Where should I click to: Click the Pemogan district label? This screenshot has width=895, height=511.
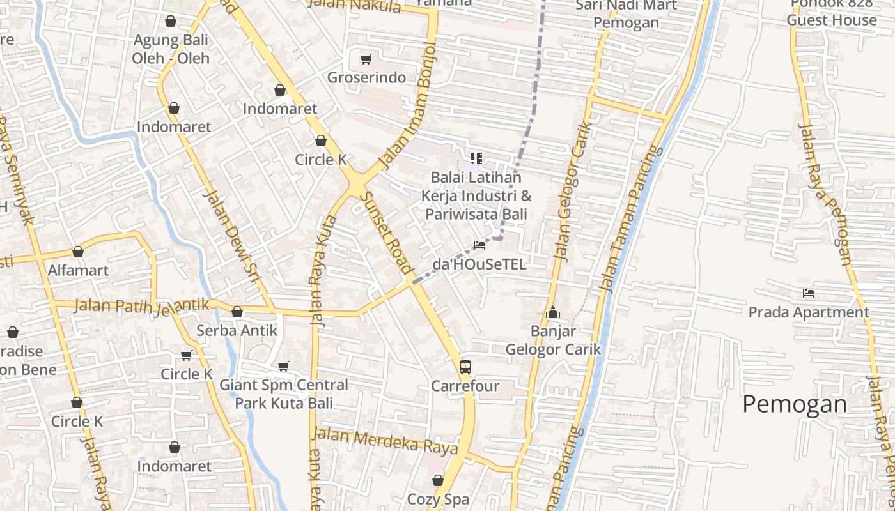pyautogui.click(x=794, y=404)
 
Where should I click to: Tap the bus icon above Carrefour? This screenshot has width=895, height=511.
pyautogui.click(x=465, y=367)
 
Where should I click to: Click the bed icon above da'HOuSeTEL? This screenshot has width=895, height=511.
pyautogui.click(x=479, y=245)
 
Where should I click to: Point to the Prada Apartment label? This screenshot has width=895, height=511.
pyautogui.click(x=809, y=312)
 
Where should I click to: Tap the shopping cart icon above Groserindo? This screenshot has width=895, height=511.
pyautogui.click(x=366, y=59)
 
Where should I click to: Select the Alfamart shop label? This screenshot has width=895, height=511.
pyautogui.click(x=78, y=270)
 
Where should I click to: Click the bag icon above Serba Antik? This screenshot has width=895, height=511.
pyautogui.click(x=237, y=312)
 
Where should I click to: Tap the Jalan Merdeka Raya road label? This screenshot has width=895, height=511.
pyautogui.click(x=385, y=441)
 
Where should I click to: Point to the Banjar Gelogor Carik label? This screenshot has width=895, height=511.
pyautogui.click(x=554, y=340)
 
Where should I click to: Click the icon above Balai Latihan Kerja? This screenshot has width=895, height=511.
pyautogui.click(x=476, y=158)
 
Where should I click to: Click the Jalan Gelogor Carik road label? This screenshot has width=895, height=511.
pyautogui.click(x=570, y=192)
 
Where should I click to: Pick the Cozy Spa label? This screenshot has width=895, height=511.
pyautogui.click(x=438, y=499)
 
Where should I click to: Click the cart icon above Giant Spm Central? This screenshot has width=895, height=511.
pyautogui.click(x=284, y=366)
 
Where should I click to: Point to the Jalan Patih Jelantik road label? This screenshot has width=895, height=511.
pyautogui.click(x=141, y=305)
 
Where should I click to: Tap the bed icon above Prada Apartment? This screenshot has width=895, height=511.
pyautogui.click(x=809, y=293)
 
